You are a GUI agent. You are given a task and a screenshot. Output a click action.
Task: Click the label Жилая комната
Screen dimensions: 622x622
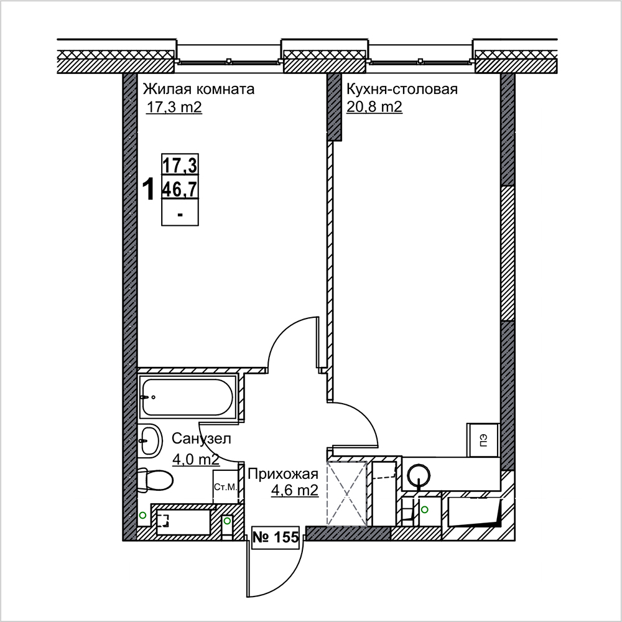click(198, 89)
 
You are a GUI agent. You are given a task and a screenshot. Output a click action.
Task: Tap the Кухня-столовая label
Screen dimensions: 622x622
click(402, 89)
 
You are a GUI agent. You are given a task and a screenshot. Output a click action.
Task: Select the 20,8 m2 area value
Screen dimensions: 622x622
click(374, 107)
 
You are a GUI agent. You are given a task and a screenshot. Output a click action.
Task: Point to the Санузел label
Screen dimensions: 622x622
click(201, 439)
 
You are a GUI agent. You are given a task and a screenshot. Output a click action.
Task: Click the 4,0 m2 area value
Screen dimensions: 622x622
click(195, 460)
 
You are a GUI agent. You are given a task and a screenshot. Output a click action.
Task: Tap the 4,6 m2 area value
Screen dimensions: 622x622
click(295, 490)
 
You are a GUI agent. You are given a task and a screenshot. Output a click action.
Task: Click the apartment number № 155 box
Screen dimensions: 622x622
click(276, 537)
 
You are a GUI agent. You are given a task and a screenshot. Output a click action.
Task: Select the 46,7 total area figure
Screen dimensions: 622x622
click(180, 190)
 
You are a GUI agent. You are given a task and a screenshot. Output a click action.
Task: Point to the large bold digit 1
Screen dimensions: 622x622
click(149, 189)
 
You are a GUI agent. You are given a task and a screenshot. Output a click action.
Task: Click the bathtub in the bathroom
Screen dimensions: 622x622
click(187, 397)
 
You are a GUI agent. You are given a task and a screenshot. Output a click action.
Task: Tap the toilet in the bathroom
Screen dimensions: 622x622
click(155, 481)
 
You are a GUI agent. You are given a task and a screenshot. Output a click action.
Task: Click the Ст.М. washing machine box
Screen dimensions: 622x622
click(225, 487)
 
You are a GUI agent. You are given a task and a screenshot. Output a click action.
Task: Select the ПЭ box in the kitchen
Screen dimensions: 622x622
click(483, 440)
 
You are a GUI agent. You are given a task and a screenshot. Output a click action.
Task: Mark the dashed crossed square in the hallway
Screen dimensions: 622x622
click(346, 494)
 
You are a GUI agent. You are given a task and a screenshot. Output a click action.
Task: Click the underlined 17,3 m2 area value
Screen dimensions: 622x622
click(174, 107)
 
